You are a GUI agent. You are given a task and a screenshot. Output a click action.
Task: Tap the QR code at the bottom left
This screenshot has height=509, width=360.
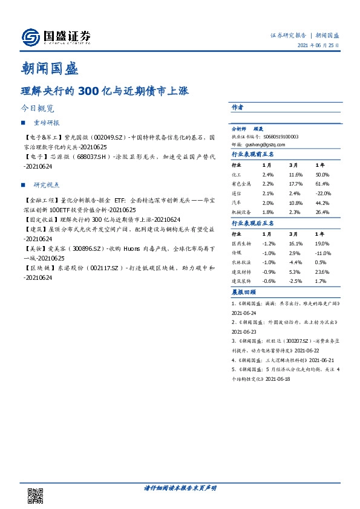point(36,496)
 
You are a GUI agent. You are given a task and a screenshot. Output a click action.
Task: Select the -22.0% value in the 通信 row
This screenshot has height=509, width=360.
point(324,193)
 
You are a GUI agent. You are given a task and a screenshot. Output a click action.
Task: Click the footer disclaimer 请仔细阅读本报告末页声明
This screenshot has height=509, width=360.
point(180,488)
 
